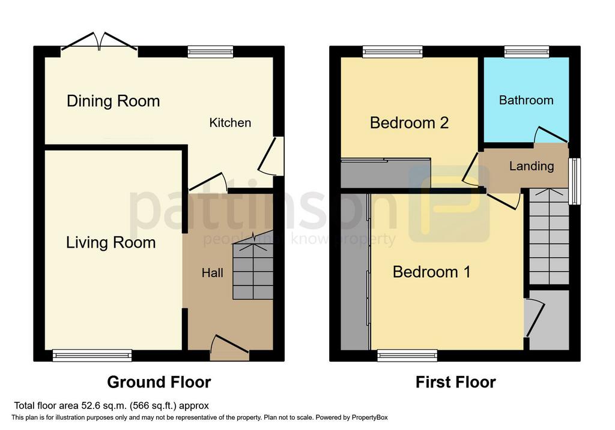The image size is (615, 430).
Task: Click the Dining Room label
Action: point(114,101)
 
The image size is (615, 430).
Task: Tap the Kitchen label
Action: point(230,122)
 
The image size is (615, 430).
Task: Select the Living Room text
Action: point(111,243)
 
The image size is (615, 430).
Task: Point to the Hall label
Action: point(213,272)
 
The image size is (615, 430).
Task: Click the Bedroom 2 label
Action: point(409,123)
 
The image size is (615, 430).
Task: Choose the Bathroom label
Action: point(526,100)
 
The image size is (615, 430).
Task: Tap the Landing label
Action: point(532,166)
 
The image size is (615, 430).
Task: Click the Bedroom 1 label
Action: point(431,272)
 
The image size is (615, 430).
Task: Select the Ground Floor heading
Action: point(159,382)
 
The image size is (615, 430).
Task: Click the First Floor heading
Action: point(456,382)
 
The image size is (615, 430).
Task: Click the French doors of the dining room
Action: point(99,41)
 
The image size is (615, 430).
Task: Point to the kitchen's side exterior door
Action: point(271,155)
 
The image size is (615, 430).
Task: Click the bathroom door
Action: point(551,135)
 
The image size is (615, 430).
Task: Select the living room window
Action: point(92,355)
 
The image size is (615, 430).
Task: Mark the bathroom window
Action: point(526,52)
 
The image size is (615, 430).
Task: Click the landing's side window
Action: point(575,181)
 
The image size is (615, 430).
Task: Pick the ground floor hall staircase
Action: point(253,270)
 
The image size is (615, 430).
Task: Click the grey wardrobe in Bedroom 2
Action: point(386,173)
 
